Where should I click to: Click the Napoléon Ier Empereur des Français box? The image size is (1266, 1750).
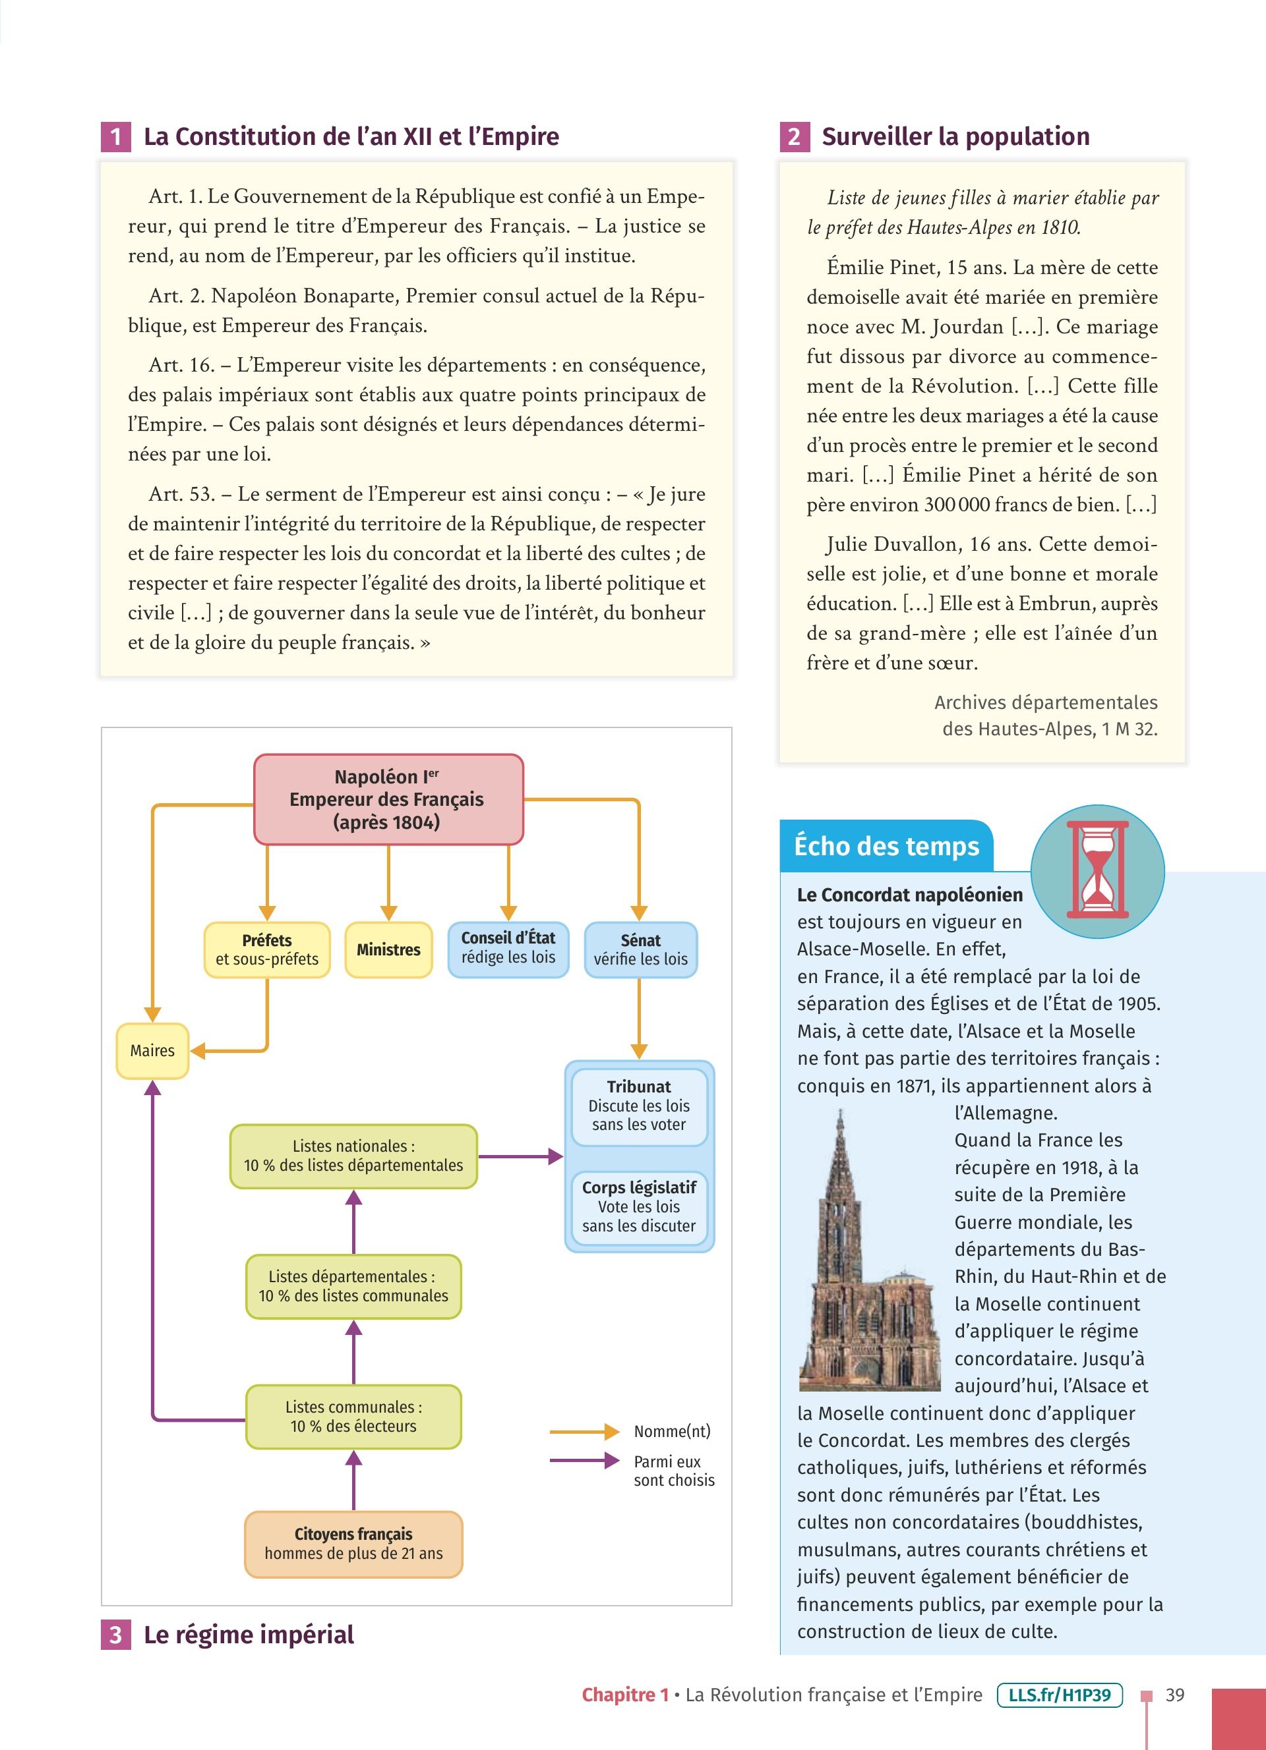pos(388,799)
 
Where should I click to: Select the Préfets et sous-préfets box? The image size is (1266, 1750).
pos(267,950)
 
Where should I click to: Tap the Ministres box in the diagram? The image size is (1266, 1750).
pos(388,950)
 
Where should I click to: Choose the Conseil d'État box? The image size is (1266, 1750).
pos(508,948)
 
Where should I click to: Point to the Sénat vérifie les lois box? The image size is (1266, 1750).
pos(640,950)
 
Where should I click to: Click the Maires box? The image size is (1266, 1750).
pos(152,1050)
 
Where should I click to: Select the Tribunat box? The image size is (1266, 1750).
pos(639,1106)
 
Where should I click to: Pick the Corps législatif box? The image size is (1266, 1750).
pos(639,1206)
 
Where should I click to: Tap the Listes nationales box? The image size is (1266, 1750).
pos(353,1156)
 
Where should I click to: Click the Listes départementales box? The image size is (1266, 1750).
pos(353,1286)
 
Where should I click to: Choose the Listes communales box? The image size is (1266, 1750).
pos(353,1417)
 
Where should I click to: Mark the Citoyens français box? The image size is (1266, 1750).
pos(353,1544)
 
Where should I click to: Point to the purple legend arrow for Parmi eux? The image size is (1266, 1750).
pos(584,1461)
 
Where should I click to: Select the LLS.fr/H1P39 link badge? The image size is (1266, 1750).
pos(1059,1695)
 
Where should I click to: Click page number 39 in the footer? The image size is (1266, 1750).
pos(1175,1695)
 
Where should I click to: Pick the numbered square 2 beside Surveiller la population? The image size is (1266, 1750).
pos(795,136)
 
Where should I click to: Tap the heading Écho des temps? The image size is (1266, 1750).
pos(886,847)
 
